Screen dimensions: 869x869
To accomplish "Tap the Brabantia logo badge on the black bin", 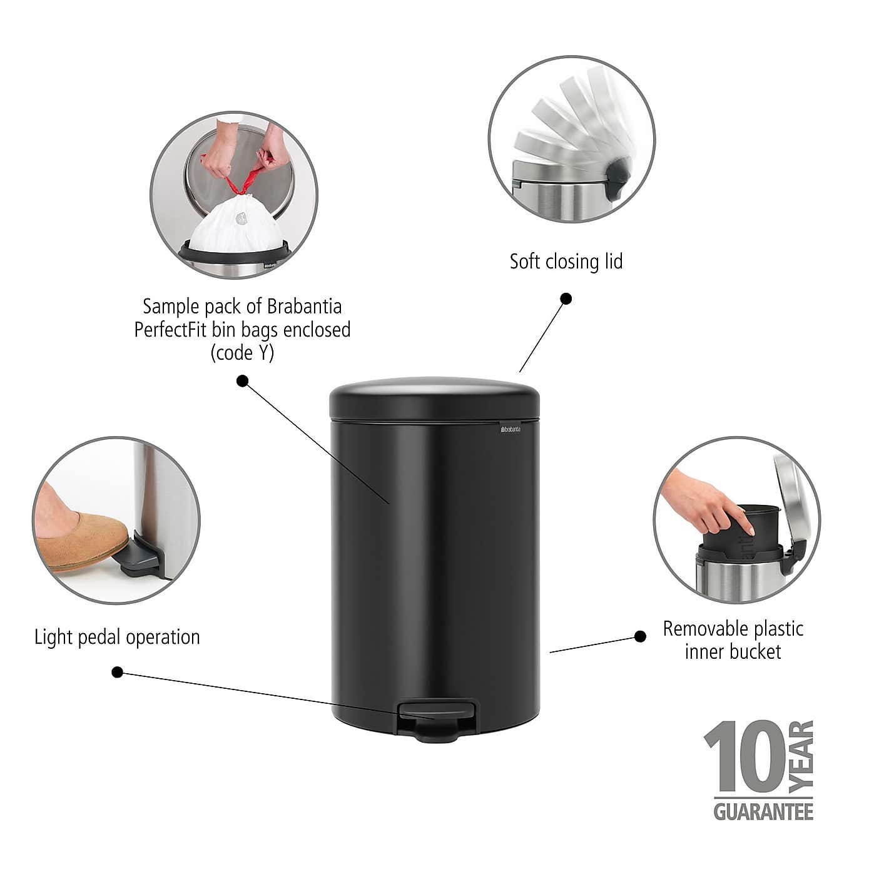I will point(509,429).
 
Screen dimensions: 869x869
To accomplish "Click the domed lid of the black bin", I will point(434,393).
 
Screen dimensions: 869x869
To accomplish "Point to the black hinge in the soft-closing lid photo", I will point(616,178).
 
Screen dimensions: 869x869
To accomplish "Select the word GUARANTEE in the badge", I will point(763,811).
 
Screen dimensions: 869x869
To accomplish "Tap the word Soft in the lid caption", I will point(524,261).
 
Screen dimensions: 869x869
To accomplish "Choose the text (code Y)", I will point(242,353).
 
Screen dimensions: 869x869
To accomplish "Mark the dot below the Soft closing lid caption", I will point(566,298).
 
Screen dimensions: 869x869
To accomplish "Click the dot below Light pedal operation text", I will point(117,672).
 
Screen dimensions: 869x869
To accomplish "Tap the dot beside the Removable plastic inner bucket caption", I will point(640,636).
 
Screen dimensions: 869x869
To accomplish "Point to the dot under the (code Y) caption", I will point(243,380).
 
